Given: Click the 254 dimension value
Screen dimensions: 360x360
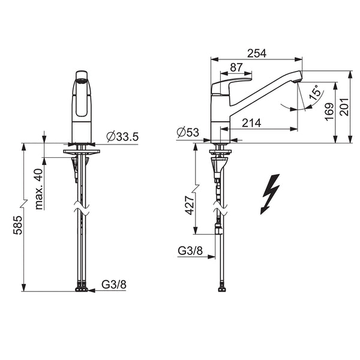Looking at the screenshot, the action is tap(257, 53).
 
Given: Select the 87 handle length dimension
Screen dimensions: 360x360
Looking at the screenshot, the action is tap(236, 67).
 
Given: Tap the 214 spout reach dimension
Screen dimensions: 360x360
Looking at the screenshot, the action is tap(251, 123).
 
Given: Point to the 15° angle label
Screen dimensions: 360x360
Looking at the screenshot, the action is tap(314, 92).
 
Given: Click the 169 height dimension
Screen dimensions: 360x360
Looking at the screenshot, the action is tap(329, 112).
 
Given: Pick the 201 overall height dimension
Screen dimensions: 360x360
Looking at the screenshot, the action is tap(344, 107).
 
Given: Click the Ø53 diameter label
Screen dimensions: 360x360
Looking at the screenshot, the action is tap(188, 132).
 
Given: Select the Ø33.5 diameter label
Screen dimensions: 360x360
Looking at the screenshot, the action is tap(122, 137).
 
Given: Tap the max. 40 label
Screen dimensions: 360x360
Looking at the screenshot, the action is tap(39, 189).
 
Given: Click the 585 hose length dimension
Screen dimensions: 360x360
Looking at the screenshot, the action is tap(17, 225).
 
